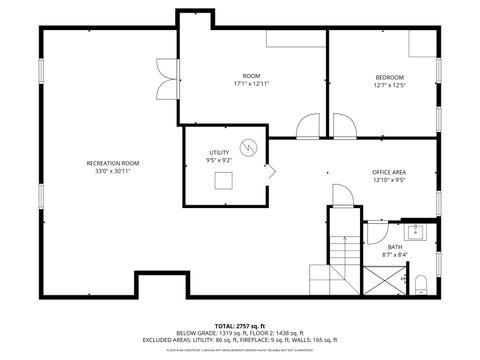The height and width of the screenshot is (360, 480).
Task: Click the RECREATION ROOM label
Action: pos(112,162)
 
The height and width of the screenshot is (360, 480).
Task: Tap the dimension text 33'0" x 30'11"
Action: pos(112,170)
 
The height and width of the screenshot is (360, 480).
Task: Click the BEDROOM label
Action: pos(389,77)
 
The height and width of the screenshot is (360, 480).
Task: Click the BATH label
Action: pos(395,246)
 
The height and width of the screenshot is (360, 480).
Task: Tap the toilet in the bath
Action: pos(422,284)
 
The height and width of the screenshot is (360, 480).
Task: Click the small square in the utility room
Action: pos(225,180)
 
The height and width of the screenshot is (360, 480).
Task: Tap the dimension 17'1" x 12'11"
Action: pos(251,84)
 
